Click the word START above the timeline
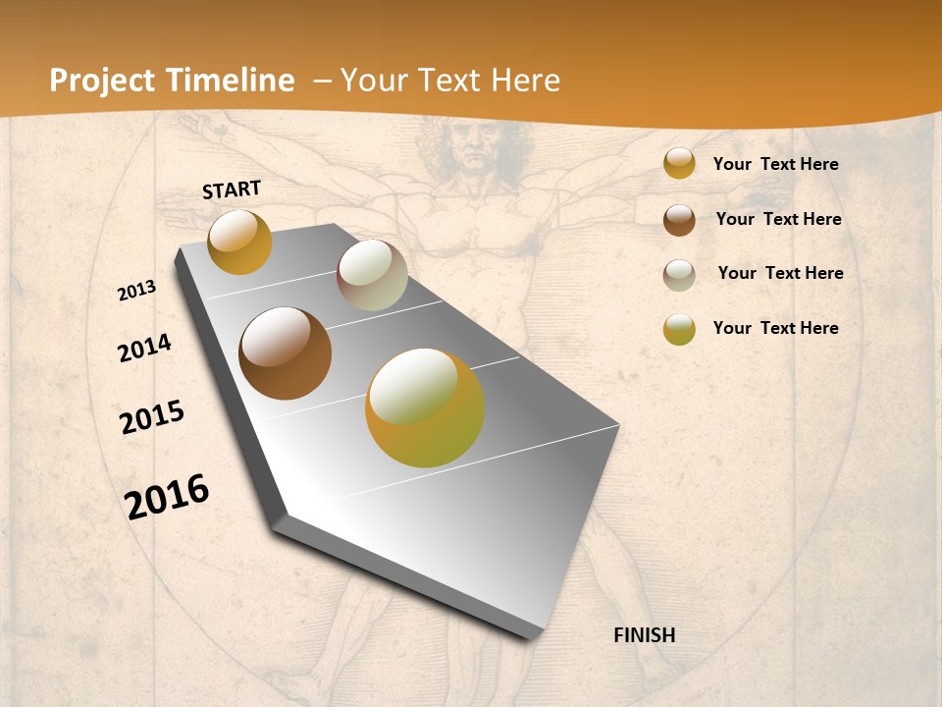click(x=232, y=190)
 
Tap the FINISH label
click(x=644, y=635)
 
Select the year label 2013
click(x=137, y=291)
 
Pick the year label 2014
click(x=144, y=348)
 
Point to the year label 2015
click(x=152, y=417)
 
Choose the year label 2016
click(x=167, y=497)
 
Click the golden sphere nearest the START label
click(x=239, y=242)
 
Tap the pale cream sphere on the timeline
click(x=372, y=275)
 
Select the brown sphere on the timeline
click(x=285, y=353)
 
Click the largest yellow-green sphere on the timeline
click(x=424, y=408)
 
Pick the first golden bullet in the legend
click(x=679, y=164)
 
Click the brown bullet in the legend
click(x=679, y=220)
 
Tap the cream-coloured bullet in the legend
click(x=679, y=275)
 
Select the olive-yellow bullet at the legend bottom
click(x=679, y=329)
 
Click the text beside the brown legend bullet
click(x=778, y=219)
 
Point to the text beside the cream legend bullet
click(x=780, y=273)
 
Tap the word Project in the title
click(x=102, y=81)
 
